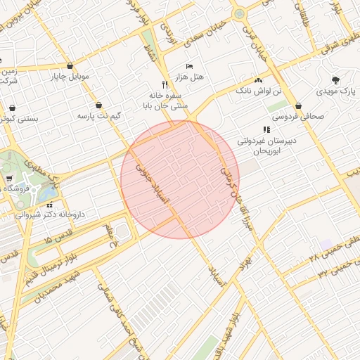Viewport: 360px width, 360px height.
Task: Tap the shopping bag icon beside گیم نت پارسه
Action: (99, 104)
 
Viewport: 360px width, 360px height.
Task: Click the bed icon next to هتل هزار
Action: (189, 65)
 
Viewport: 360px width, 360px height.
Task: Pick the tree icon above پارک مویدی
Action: (335, 80)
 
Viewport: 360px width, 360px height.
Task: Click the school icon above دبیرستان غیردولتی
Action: (266, 129)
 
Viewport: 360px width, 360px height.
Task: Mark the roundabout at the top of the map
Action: (240, 13)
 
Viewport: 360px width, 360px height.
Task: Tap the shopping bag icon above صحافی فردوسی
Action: (299, 105)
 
